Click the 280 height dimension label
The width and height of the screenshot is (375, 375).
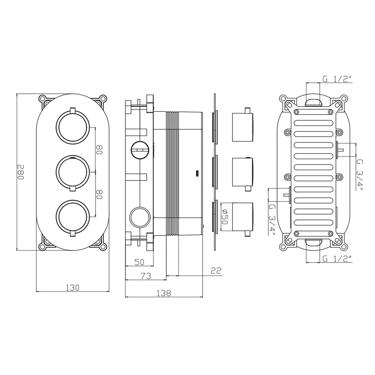(x=21, y=171)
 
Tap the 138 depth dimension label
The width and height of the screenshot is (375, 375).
(x=164, y=293)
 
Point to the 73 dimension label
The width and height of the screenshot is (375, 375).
(x=146, y=276)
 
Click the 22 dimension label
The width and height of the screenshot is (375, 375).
(x=216, y=271)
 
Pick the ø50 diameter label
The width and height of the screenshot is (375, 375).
(x=225, y=216)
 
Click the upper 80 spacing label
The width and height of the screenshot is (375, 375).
(x=100, y=149)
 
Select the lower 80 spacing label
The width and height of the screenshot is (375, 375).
(x=100, y=194)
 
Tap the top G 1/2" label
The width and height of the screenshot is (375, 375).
(x=337, y=79)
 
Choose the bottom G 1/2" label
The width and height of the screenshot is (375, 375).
(x=337, y=258)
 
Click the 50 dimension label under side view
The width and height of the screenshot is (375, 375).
(x=139, y=262)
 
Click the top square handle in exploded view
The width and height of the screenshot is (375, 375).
(x=242, y=127)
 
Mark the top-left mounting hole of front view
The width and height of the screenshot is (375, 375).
(x=42, y=98)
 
